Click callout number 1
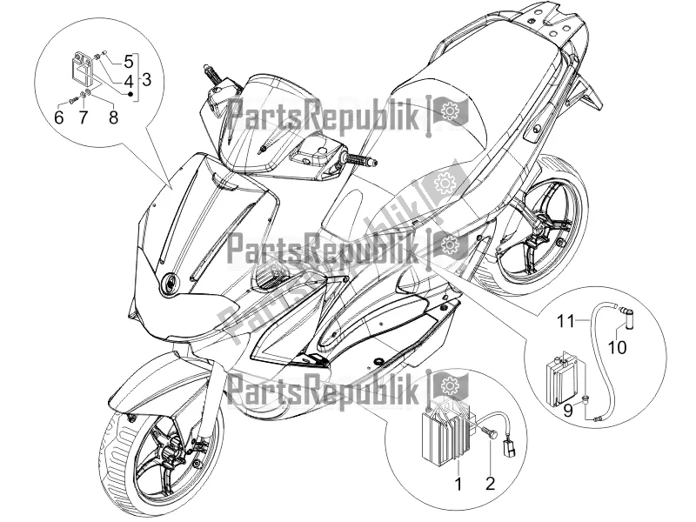pos(458,484)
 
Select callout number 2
pos(490,483)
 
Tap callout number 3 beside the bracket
pos(146,79)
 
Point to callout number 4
pos(128,81)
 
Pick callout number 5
pos(128,61)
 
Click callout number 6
pos(59,117)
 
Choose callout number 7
pos(84,117)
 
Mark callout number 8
pos(114,117)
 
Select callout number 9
pos(568,411)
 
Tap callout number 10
pos(617,346)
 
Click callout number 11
pos(566,320)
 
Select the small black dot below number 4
pos(130,94)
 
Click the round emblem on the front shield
pos(170,283)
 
